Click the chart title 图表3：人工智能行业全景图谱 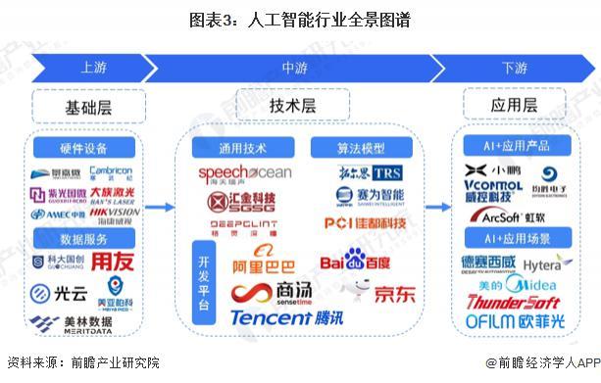[x=301, y=19]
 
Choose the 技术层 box [x=293, y=104]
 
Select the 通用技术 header [x=240, y=148]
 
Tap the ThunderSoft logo [x=513, y=302]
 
